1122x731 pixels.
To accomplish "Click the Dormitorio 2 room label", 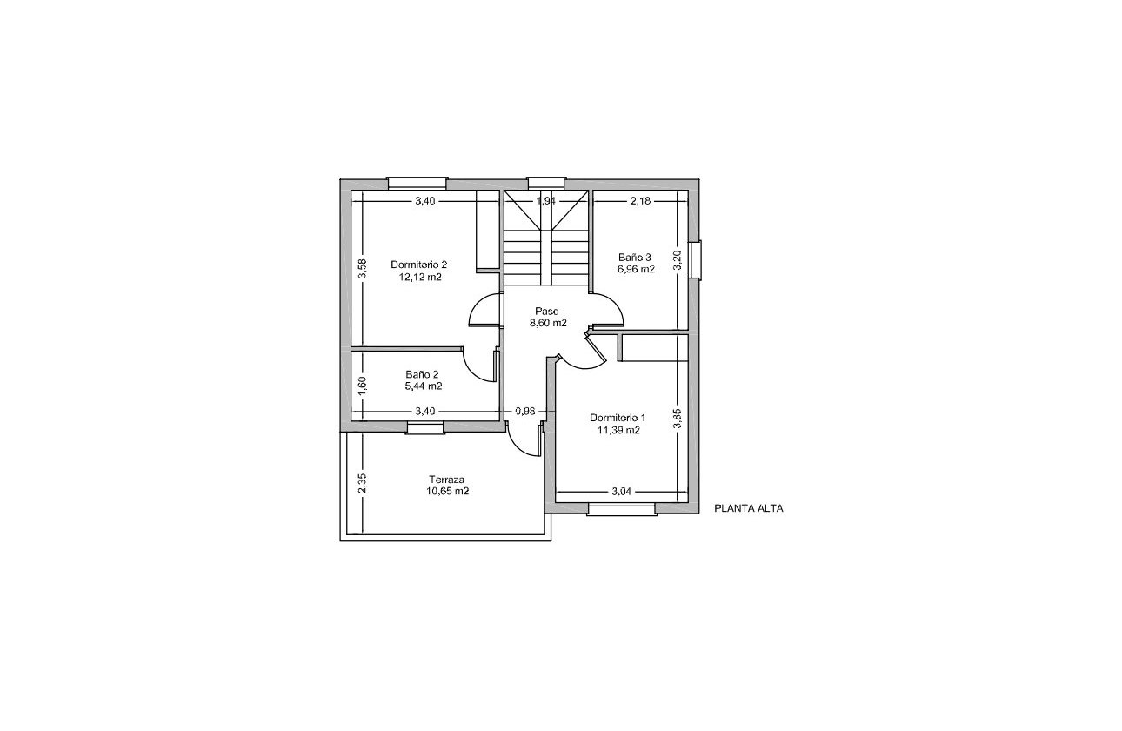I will pyautogui.click(x=418, y=265).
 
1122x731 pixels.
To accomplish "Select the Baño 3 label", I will pyautogui.click(x=635, y=258).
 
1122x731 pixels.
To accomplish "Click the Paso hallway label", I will pyautogui.click(x=547, y=311).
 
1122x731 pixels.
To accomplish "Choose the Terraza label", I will pyautogui.click(x=446, y=480).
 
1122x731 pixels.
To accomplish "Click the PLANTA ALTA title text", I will pyautogui.click(x=748, y=509).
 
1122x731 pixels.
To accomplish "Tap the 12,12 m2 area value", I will pyautogui.click(x=420, y=278).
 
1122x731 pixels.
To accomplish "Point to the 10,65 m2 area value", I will pyautogui.click(x=448, y=491).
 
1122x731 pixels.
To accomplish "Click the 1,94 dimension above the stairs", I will pyautogui.click(x=546, y=201).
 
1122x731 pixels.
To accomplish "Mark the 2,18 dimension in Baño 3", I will pyautogui.click(x=640, y=201).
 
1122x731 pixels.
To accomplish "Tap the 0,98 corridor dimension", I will pyautogui.click(x=524, y=411).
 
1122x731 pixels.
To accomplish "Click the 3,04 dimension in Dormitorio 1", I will pyautogui.click(x=621, y=492).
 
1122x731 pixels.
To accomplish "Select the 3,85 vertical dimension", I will pyautogui.click(x=678, y=419).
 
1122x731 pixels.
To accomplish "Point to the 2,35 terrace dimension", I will pyautogui.click(x=363, y=483).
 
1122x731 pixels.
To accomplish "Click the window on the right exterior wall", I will pyautogui.click(x=695, y=259).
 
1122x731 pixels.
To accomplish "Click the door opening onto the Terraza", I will pyautogui.click(x=524, y=441).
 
